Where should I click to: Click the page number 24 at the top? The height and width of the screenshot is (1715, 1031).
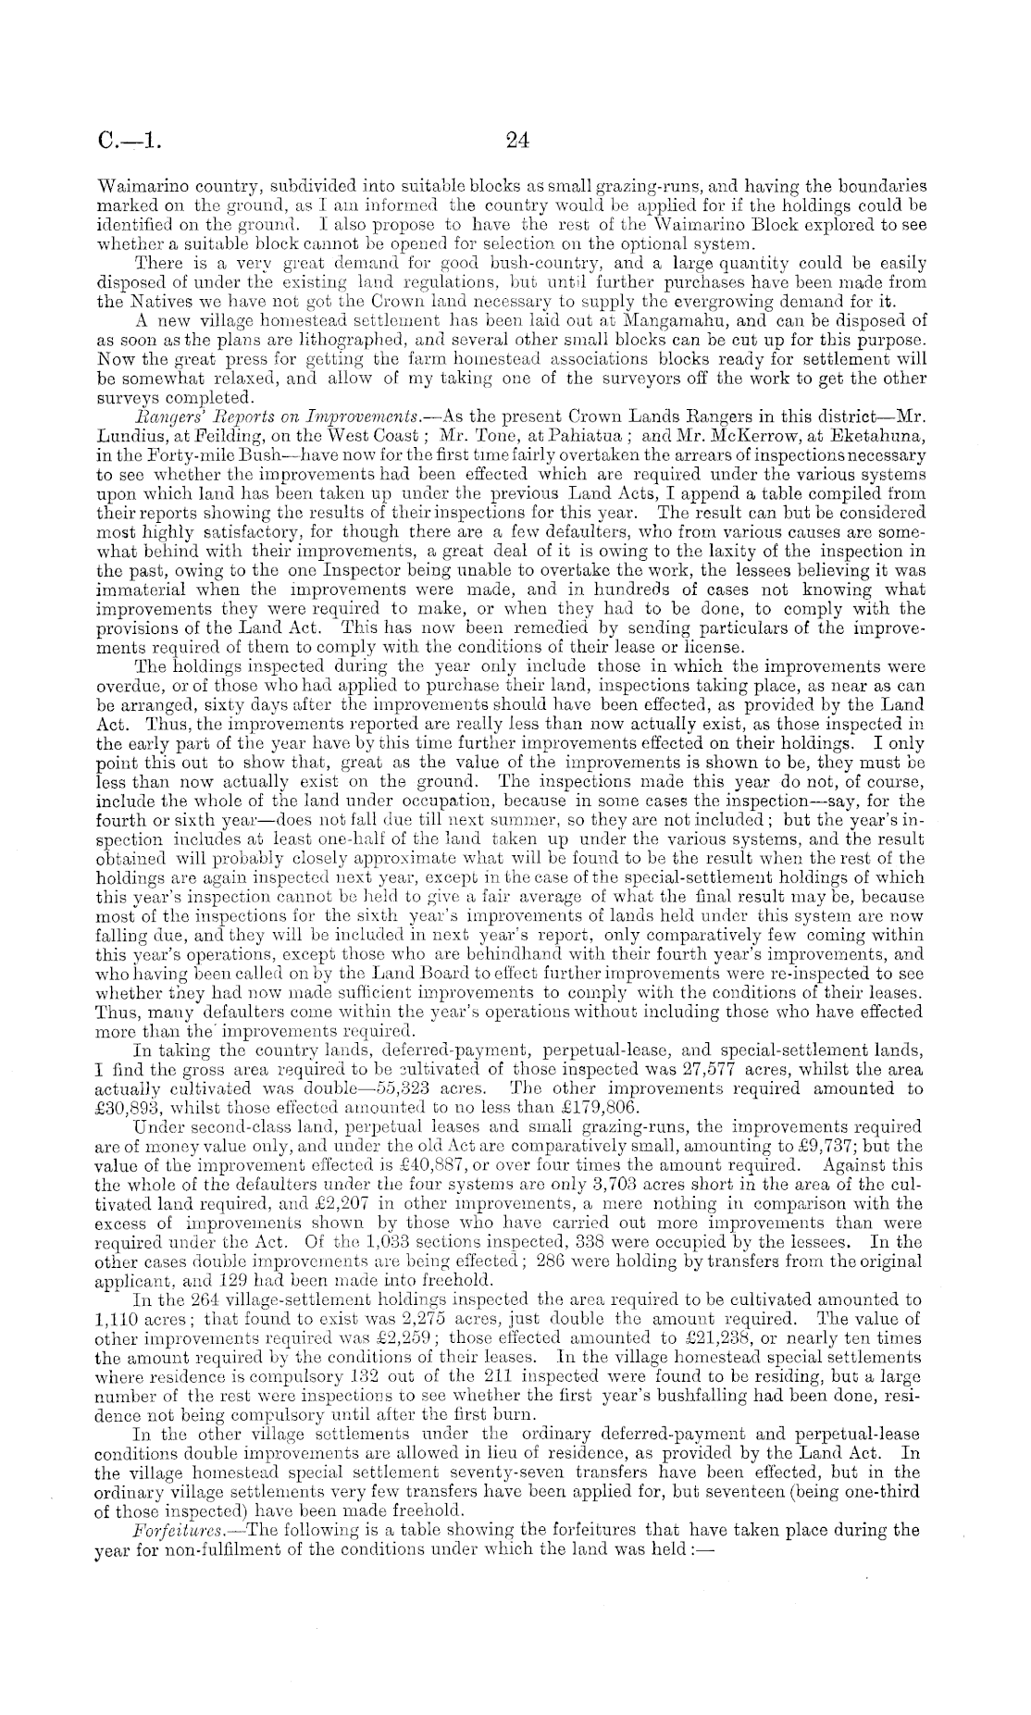click(x=515, y=142)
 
